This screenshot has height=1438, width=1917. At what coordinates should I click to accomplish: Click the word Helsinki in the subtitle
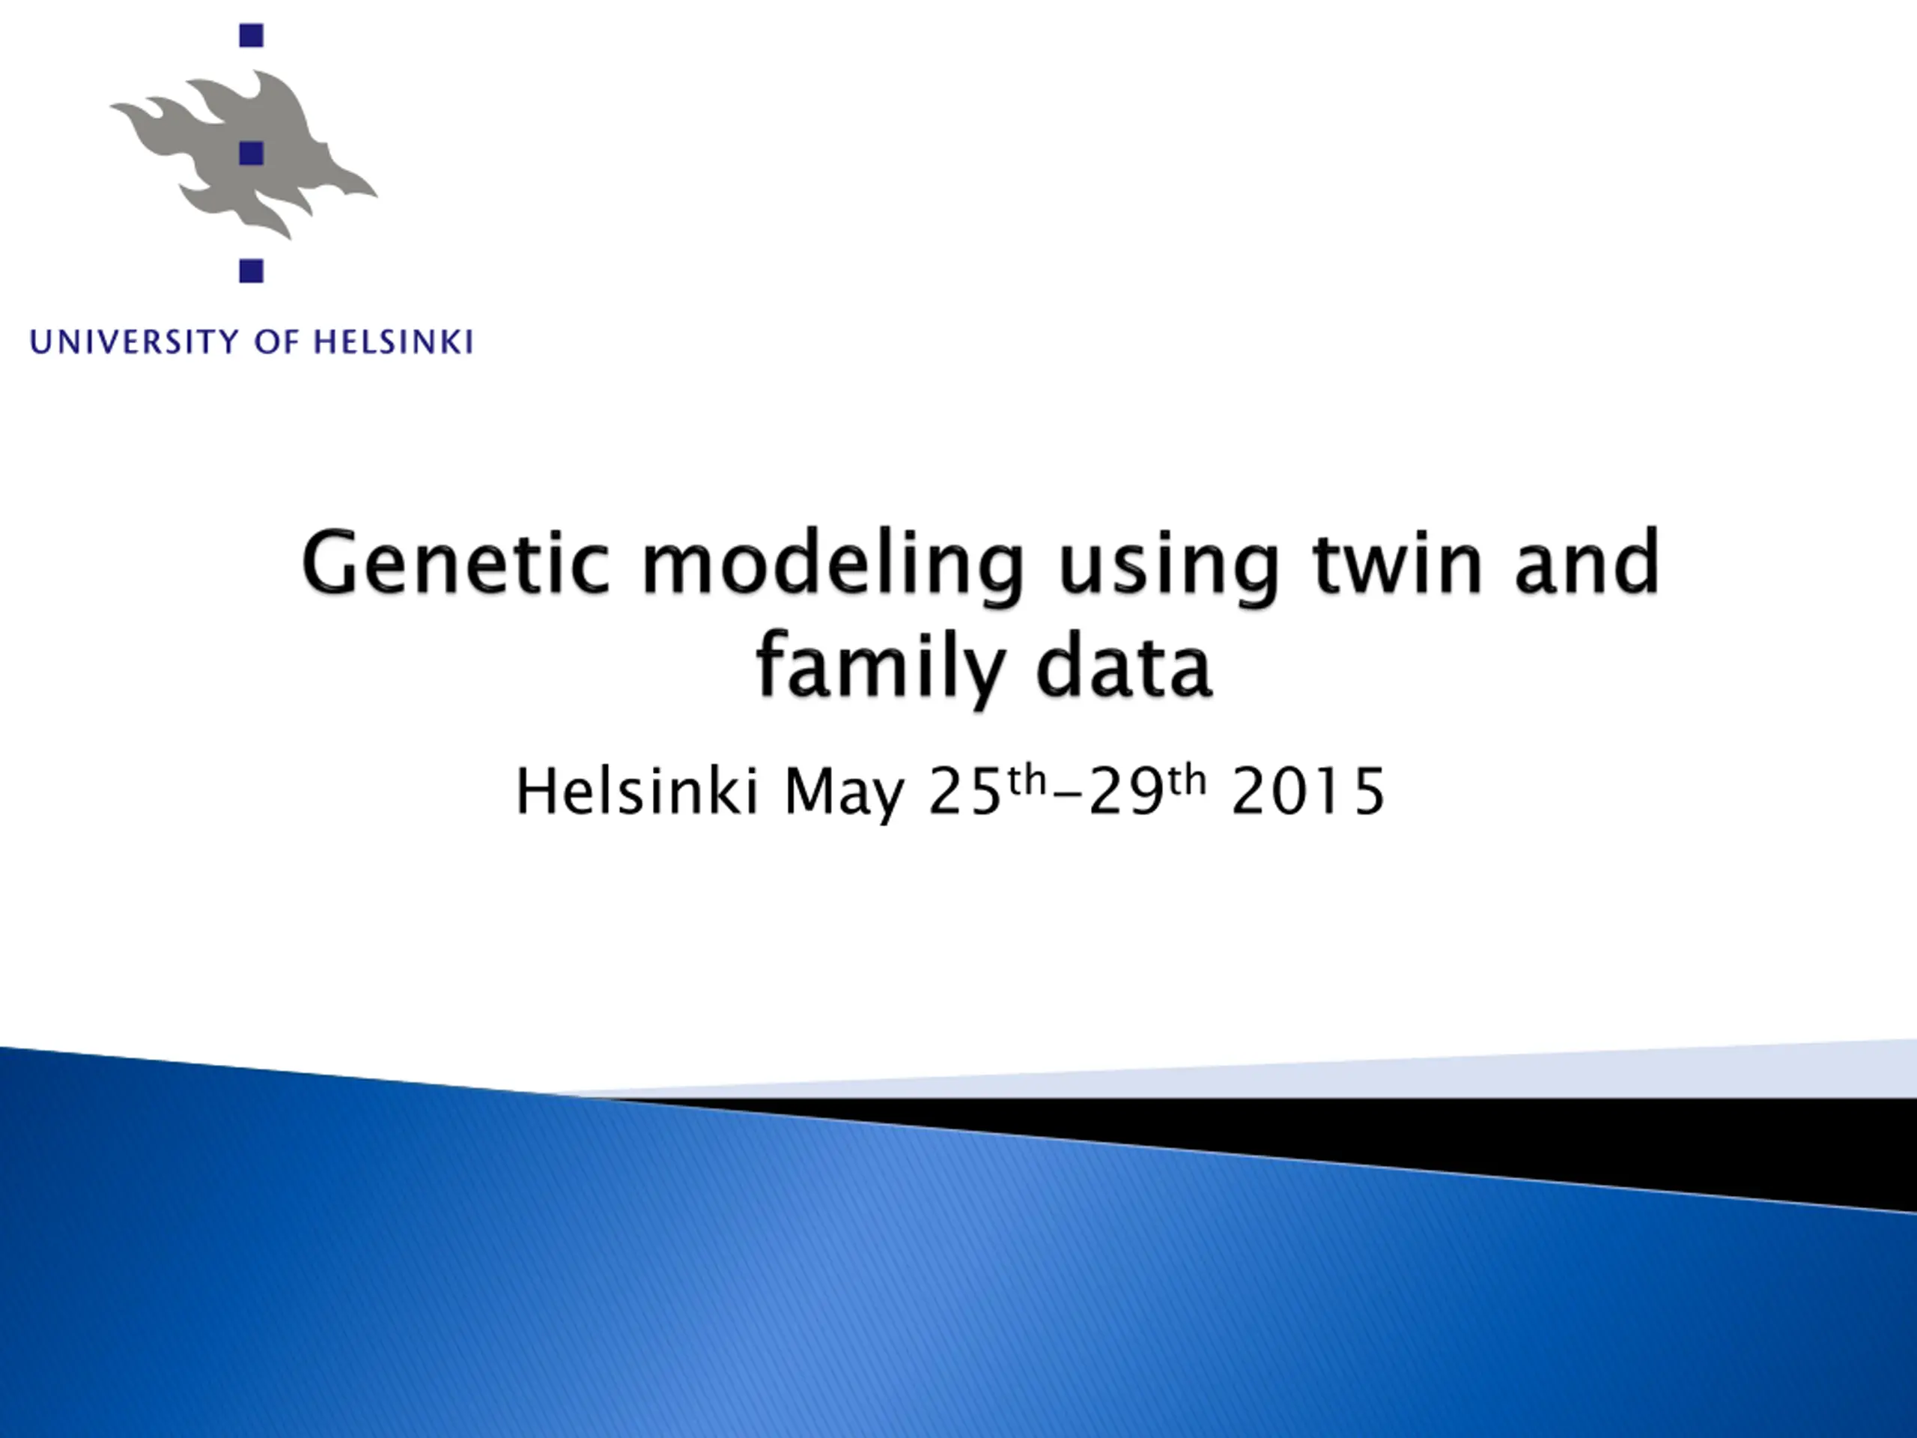point(638,792)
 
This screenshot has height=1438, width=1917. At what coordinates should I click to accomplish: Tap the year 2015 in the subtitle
point(1307,792)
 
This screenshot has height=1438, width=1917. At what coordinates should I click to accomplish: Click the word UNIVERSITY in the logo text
point(133,342)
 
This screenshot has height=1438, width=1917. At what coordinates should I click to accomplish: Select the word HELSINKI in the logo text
point(392,342)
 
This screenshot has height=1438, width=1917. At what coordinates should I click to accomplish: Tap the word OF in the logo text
point(276,342)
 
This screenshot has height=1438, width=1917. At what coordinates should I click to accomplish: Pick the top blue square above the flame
point(252,35)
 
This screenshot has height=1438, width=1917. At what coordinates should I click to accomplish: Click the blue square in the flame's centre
point(252,154)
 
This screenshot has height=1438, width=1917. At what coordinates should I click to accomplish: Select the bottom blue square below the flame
point(252,271)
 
